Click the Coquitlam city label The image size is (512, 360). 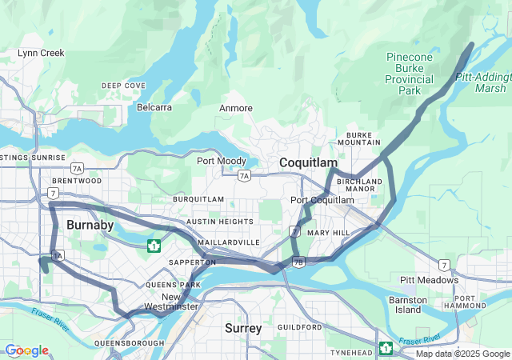click(308, 162)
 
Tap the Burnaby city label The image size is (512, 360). click(90, 225)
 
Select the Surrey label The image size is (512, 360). click(242, 328)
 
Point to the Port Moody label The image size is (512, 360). click(222, 161)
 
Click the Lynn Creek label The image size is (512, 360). click(41, 53)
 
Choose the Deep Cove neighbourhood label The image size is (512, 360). click(123, 86)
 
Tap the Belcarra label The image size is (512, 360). click(154, 106)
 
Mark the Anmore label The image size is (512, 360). click(235, 108)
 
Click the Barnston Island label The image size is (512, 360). click(408, 304)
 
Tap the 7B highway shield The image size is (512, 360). click(298, 262)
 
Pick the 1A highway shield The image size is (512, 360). click(57, 255)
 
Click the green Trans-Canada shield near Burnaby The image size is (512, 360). click(154, 245)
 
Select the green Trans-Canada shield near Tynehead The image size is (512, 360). click(386, 347)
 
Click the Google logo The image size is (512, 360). click(26, 350)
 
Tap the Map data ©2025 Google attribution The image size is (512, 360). click(462, 354)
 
